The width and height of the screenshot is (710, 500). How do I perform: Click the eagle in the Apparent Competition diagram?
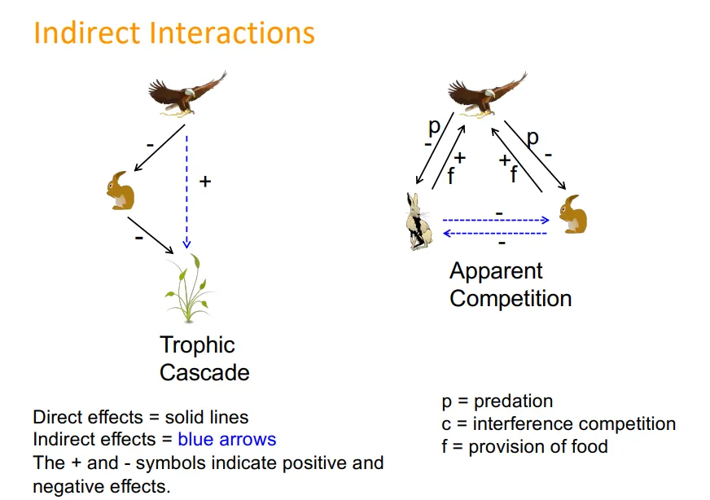(485, 93)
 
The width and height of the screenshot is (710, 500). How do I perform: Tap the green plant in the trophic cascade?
(190, 289)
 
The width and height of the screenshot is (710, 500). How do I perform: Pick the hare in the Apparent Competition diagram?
(419, 221)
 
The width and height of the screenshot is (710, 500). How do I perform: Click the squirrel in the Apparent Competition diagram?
(572, 214)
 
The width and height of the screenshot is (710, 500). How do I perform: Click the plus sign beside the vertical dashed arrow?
(205, 182)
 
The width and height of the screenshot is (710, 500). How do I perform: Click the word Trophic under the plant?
(197, 345)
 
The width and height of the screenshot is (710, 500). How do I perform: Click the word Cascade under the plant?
(204, 373)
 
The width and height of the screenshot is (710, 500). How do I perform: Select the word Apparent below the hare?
(496, 271)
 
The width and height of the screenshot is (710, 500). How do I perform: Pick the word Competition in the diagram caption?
(511, 299)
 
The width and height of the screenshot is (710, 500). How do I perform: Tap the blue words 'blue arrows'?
(227, 440)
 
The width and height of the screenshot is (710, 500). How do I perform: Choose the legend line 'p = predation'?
(497, 401)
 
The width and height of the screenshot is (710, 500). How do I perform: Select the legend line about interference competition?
(558, 423)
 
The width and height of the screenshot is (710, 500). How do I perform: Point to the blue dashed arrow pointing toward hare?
(494, 233)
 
